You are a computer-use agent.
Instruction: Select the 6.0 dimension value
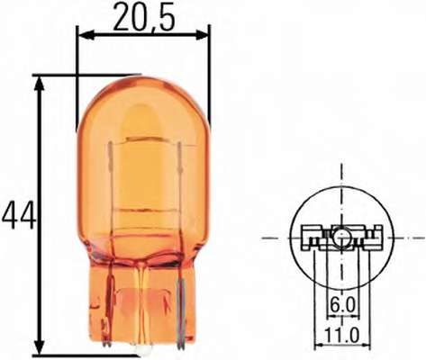(x=342, y=306)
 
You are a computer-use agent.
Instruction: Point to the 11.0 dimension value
(x=342, y=336)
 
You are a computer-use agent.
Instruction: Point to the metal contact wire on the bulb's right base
(x=183, y=310)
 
